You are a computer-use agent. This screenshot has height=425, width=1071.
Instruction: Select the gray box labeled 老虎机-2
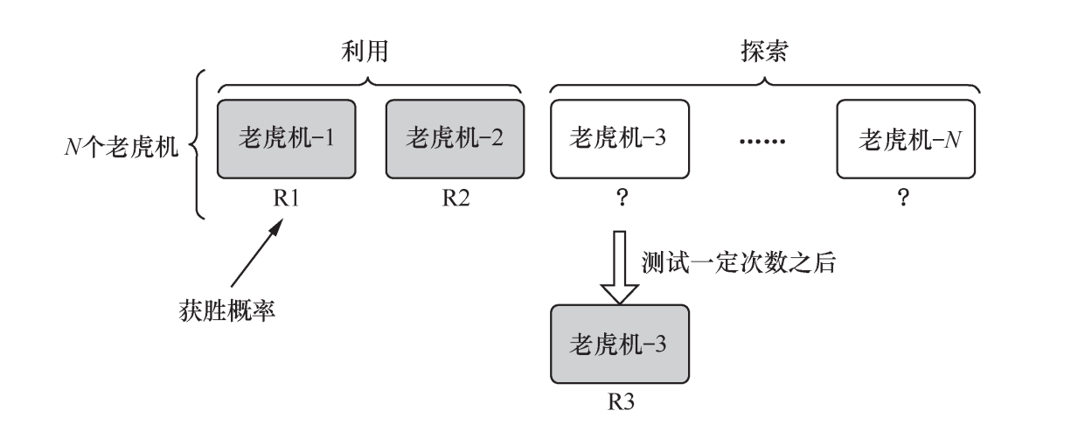pos(455,138)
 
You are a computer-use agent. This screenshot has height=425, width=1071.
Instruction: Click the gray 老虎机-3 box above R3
pos(619,343)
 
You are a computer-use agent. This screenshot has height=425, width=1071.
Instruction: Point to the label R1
pos(288,198)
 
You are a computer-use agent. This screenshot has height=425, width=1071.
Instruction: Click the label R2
pos(455,198)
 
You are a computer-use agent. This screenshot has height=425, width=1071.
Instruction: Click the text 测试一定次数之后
pos(741,264)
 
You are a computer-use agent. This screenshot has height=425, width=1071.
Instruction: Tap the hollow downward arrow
pos(619,267)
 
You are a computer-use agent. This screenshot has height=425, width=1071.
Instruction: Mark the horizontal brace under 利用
pos(370,85)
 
